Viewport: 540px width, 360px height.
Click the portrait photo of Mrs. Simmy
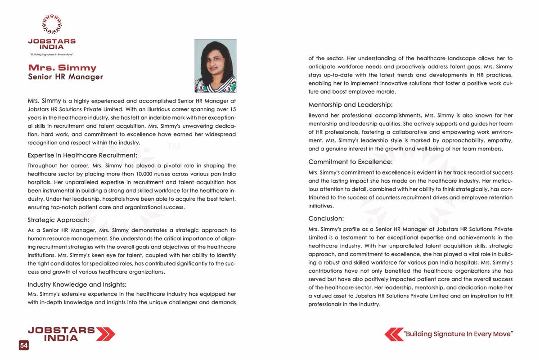215,66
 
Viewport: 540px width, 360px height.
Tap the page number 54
23,346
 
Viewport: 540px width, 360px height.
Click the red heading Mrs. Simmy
62,68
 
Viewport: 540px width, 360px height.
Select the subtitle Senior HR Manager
65,77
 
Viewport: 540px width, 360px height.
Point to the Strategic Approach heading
58,220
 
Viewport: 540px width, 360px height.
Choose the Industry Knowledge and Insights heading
77,284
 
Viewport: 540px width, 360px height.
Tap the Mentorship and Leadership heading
351,105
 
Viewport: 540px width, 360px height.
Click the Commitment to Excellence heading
351,162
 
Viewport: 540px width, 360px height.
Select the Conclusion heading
326,219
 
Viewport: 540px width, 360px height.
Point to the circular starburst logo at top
51,24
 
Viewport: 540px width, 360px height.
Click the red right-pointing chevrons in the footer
106,334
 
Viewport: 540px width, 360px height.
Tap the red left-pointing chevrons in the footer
394,334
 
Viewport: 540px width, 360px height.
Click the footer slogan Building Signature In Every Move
459,334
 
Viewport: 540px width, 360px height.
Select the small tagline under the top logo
51,54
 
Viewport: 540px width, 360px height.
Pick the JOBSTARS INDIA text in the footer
61,334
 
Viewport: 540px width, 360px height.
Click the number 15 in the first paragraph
232,109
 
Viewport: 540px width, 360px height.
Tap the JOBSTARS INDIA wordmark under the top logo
52,44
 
